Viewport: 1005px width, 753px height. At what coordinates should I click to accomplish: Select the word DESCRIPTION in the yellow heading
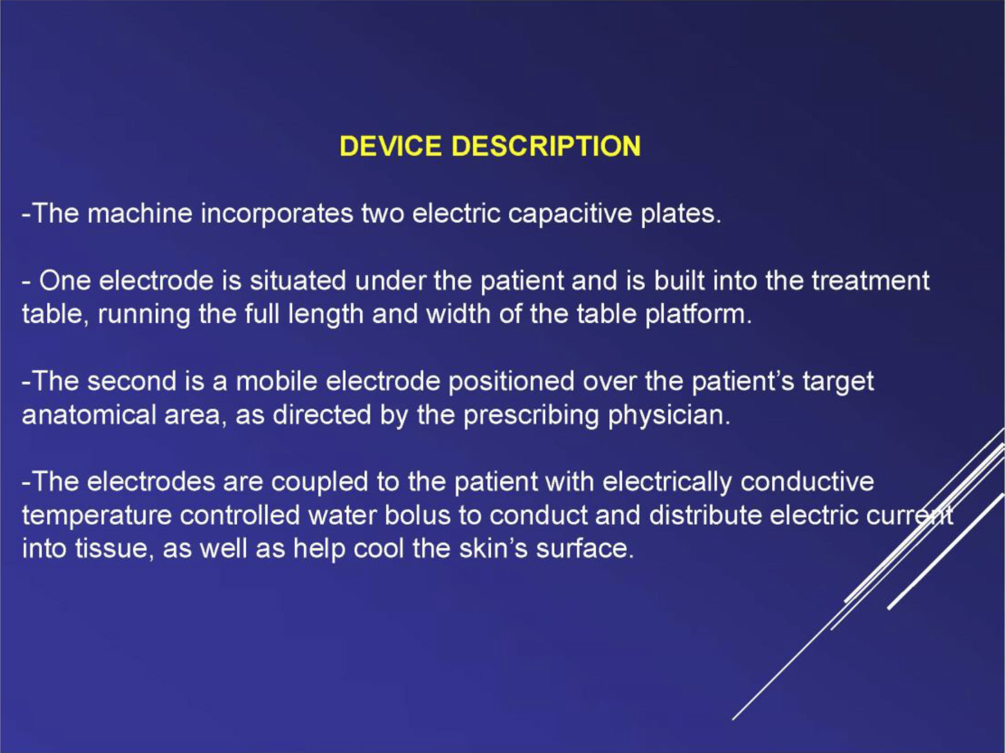coord(546,146)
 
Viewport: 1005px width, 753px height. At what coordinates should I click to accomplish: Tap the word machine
coord(140,213)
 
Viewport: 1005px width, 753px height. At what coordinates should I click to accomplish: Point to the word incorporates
coord(277,214)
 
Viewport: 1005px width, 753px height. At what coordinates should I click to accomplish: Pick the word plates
coord(681,214)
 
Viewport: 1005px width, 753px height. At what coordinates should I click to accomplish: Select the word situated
coord(297,280)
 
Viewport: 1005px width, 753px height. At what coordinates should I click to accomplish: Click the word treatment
coord(871,280)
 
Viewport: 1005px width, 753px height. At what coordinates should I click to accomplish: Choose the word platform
coord(699,314)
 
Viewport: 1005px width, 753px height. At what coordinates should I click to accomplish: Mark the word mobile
coord(276,381)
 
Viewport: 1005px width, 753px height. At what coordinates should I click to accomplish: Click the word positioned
coord(511,382)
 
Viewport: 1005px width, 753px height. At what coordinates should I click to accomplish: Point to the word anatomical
coord(89,415)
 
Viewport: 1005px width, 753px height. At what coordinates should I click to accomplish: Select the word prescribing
coord(531,416)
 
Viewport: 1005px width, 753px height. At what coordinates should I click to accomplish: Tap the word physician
coord(669,416)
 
